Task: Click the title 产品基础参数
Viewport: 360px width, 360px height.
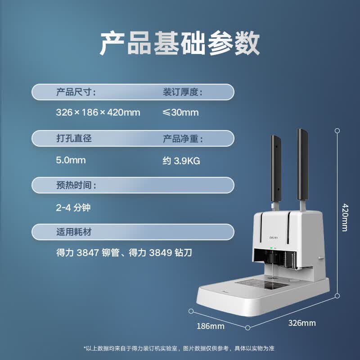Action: click(180, 43)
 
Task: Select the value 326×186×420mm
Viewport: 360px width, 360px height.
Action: click(98, 112)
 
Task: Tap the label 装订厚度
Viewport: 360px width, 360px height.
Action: click(183, 92)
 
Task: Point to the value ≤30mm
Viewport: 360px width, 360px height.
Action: click(180, 112)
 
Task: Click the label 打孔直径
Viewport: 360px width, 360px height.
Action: click(74, 139)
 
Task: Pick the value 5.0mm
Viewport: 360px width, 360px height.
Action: click(71, 160)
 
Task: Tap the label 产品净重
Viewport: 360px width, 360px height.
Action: click(183, 139)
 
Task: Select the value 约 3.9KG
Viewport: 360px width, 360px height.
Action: click(181, 161)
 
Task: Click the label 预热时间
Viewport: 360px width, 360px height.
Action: click(76, 185)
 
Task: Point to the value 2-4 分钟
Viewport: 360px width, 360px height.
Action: click(73, 207)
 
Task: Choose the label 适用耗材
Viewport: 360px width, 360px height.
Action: click(74, 232)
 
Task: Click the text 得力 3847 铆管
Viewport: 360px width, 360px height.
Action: click(88, 252)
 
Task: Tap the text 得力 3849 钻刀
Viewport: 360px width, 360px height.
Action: click(160, 252)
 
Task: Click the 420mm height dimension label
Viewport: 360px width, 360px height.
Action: click(345, 217)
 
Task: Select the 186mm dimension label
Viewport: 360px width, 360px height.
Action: click(210, 326)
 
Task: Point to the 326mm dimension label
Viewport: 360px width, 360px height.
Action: click(302, 323)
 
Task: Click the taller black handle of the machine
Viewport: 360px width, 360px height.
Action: click(302, 165)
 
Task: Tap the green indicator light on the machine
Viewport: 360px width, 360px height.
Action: click(271, 248)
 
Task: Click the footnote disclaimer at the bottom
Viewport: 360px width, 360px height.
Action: click(179, 348)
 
